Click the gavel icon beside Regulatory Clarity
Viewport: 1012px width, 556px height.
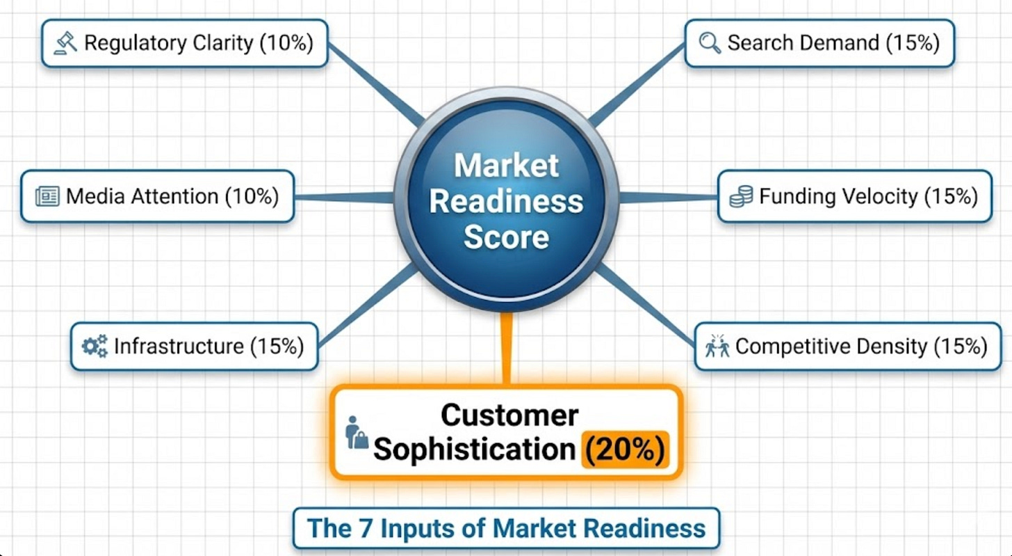click(65, 43)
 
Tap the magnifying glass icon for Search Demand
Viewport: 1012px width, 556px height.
click(710, 43)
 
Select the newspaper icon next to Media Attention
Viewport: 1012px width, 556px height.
click(47, 196)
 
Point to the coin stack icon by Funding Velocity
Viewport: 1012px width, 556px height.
click(741, 196)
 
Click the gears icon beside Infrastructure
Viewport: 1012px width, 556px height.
click(95, 346)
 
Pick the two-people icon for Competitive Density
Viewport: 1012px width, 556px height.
click(717, 346)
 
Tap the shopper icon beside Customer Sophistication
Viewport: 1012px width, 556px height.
click(356, 432)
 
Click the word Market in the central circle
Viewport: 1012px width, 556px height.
click(506, 166)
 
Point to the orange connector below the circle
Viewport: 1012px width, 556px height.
click(506, 348)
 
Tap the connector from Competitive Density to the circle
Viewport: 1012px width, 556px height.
click(646, 306)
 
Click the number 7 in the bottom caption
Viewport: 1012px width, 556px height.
click(371, 527)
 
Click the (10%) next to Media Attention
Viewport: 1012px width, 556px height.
click(252, 196)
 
